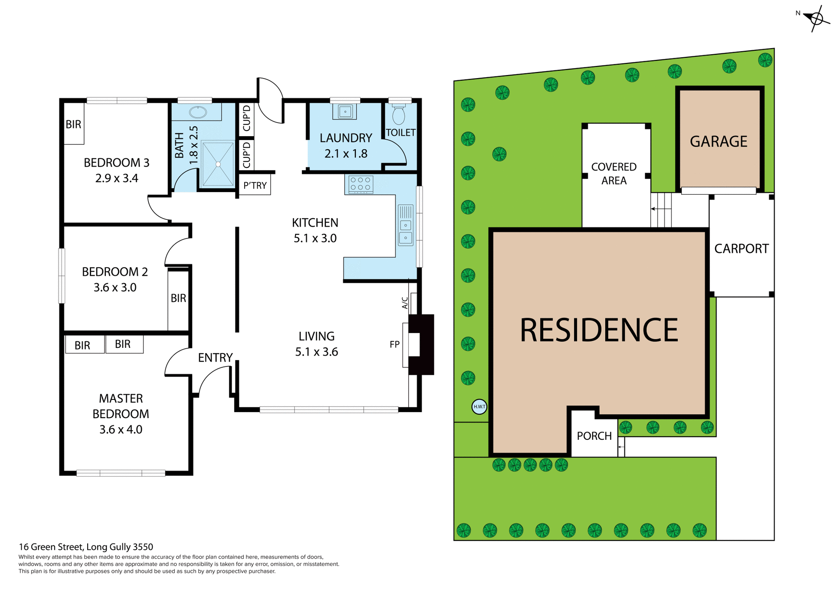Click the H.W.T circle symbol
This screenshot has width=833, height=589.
[x=479, y=406]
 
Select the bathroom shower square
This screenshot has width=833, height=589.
[x=218, y=164]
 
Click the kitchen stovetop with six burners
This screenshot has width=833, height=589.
[x=360, y=184]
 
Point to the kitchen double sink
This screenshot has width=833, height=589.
[x=406, y=231]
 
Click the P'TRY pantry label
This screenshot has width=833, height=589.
[x=255, y=186]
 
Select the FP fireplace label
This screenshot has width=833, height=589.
[x=394, y=344]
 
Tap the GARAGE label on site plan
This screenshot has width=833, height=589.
[x=718, y=141]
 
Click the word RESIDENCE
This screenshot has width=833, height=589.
[x=599, y=330]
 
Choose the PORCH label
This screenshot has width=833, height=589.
[x=594, y=436]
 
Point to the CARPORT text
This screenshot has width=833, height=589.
[x=741, y=249]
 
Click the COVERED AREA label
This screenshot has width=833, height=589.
[x=613, y=173]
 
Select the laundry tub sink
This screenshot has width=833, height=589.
[x=345, y=111]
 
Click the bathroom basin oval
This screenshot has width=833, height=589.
[x=198, y=112]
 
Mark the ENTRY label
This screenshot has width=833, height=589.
[x=215, y=357]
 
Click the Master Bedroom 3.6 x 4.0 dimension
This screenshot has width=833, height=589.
[x=121, y=429]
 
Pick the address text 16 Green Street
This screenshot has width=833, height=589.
[x=85, y=547]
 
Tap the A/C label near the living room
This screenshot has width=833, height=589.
[x=405, y=303]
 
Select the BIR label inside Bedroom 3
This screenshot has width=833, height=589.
[x=73, y=124]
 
